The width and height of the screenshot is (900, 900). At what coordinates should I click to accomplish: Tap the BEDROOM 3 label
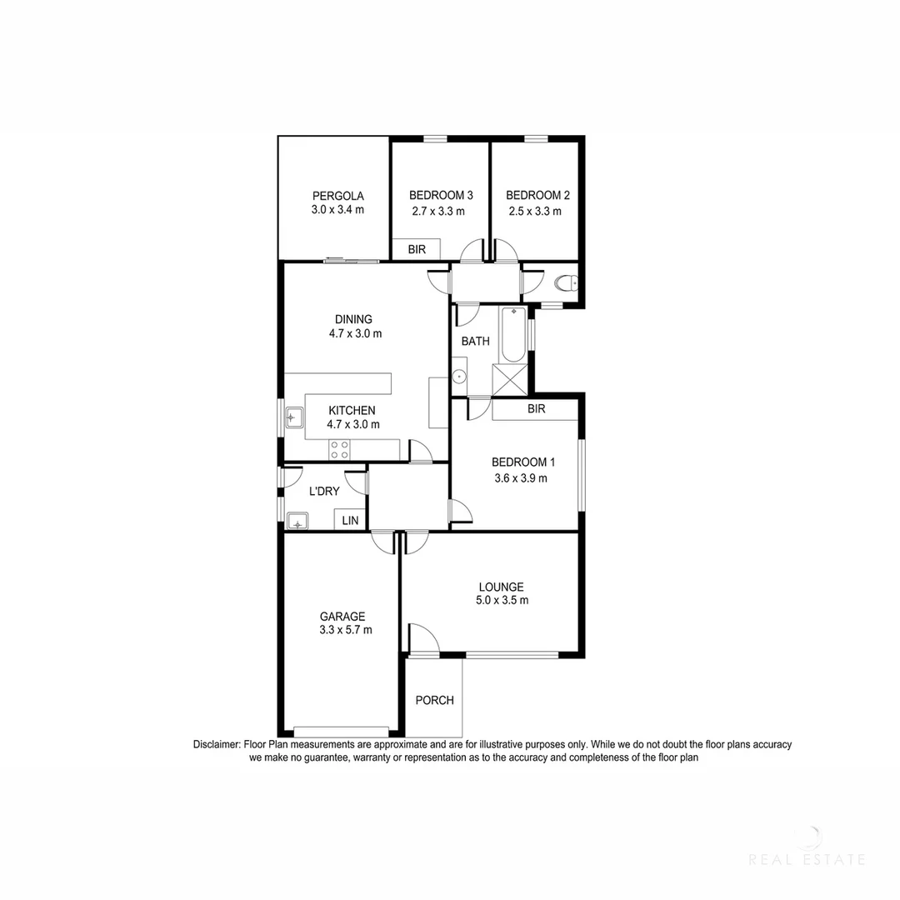point(441,195)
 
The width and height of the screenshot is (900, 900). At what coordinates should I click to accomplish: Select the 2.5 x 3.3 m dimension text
point(535,211)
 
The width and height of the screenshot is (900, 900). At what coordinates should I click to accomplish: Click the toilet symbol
point(567,284)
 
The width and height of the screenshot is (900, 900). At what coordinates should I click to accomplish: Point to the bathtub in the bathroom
point(512,333)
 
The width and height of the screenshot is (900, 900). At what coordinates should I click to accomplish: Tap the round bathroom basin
point(459,377)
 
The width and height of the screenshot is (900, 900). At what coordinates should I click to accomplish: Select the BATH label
point(475,341)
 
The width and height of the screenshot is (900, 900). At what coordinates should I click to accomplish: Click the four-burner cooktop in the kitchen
point(339,450)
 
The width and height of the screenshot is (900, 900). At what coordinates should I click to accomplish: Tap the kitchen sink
point(294,417)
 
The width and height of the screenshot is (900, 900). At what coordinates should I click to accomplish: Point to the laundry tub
point(297,522)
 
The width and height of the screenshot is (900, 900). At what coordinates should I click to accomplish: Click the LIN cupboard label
point(350,520)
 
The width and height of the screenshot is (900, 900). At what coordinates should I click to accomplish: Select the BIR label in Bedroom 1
point(536,409)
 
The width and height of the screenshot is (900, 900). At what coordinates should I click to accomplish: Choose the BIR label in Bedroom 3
point(417,249)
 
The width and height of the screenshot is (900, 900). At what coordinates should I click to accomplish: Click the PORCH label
point(435,700)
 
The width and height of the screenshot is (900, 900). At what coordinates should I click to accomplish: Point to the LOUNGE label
point(501,586)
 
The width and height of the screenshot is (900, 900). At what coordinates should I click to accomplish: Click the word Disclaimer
point(217,744)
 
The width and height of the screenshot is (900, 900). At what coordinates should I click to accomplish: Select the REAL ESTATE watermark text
point(807,859)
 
